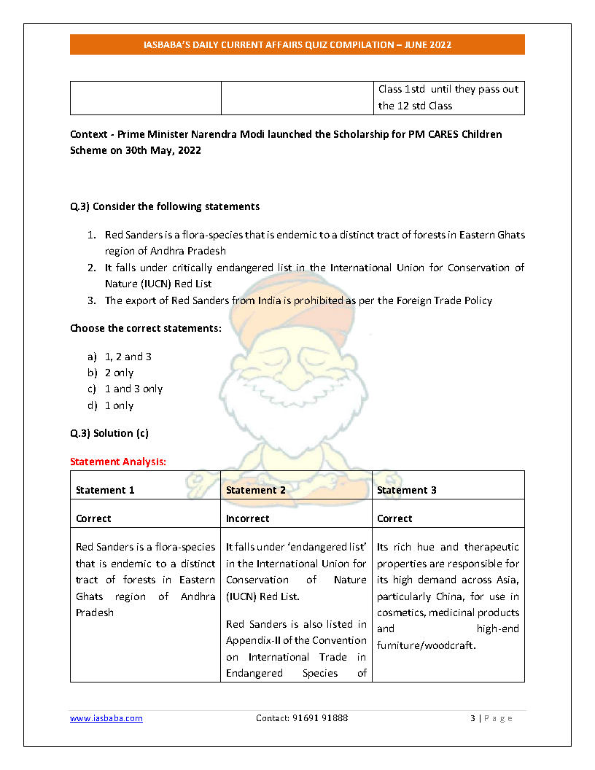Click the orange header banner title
tap(297, 44)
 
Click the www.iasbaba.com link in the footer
tap(106, 718)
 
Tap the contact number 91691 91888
tap(302, 718)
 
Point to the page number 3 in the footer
tap(472, 718)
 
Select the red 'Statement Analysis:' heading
tap(118, 462)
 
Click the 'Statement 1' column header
tap(105, 490)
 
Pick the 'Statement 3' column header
tap(406, 490)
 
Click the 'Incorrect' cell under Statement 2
tap(247, 518)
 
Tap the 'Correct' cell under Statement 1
tap(93, 518)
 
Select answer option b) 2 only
tap(119, 373)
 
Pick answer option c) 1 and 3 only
tap(133, 389)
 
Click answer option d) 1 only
tap(119, 405)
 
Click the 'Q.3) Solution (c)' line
tap(109, 433)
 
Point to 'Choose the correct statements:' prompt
tap(146, 328)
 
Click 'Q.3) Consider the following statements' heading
tap(165, 206)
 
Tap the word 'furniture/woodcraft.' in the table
tap(426, 645)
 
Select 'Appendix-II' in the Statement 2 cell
tap(252, 640)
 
